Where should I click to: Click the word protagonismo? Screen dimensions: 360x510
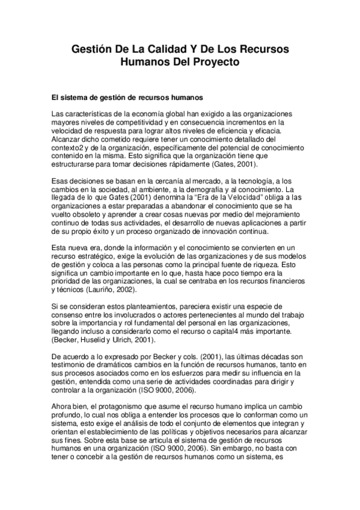[112, 407]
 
